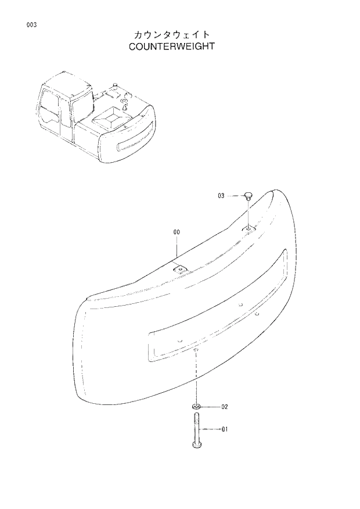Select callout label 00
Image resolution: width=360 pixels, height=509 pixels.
coord(177,232)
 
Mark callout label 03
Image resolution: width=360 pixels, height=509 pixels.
coord(221,196)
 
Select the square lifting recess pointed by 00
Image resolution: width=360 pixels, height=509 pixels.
coord(181,269)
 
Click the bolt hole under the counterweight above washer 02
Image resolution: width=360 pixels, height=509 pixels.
coord(197,350)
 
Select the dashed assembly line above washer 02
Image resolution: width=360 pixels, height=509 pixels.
coord(197,378)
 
